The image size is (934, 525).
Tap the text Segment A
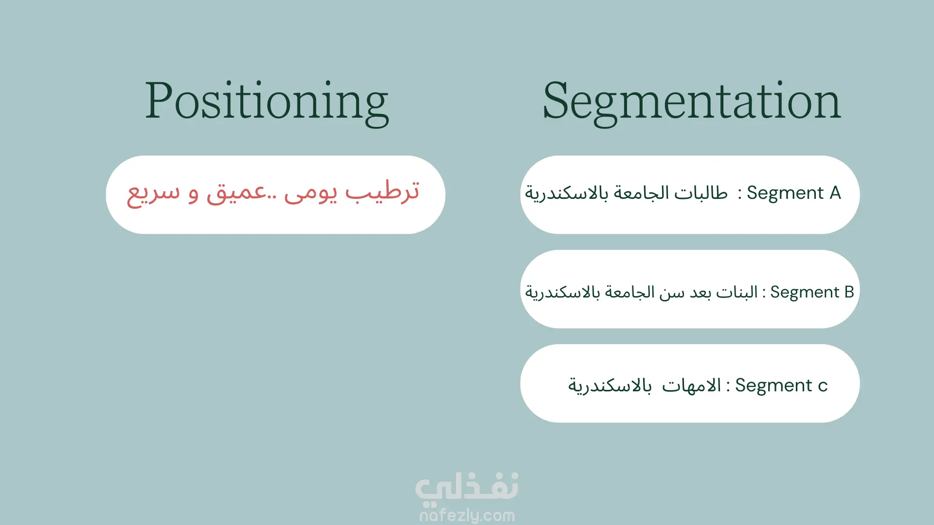point(794,193)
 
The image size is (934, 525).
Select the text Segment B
point(812,292)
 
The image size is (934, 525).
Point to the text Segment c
point(781,385)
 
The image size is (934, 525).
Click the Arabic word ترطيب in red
point(382,192)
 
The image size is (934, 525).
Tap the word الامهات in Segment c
point(691,385)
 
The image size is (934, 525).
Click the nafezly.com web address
point(467,515)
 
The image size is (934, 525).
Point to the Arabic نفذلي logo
point(467,488)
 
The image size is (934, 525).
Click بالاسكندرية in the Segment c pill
point(610,386)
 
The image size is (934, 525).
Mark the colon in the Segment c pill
point(728,386)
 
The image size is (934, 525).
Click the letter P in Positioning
point(159,101)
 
